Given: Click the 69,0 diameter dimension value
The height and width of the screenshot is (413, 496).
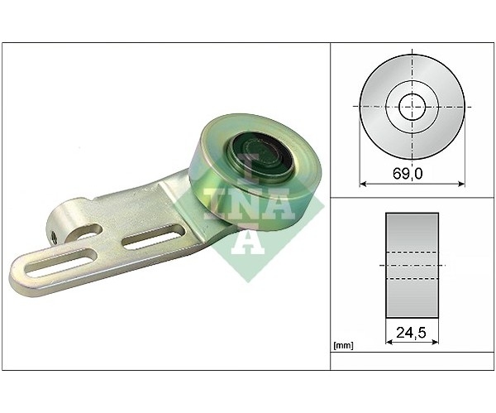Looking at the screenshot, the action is click(408, 174).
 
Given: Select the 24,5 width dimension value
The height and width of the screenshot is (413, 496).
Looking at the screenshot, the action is click(411, 333).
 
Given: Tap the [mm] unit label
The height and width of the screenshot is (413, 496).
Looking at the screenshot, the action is click(344, 345).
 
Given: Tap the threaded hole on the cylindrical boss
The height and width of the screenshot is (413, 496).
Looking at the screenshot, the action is click(54, 238).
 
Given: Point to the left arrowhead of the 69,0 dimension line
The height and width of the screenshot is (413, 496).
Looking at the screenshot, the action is click(363, 184).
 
